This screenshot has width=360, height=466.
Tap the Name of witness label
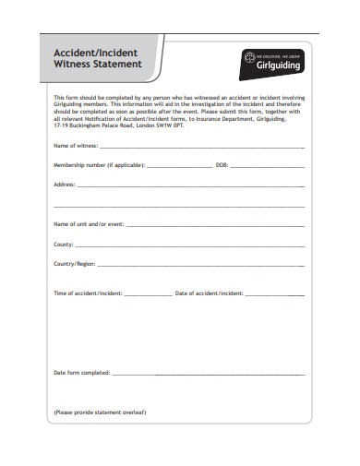tap(75, 146)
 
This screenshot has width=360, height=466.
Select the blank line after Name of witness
tap(201, 148)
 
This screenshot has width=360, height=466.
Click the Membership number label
tap(98, 165)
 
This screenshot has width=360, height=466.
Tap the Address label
tap(65, 185)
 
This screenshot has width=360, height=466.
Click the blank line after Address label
tap(190, 186)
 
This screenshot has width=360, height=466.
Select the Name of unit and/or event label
tap(88, 224)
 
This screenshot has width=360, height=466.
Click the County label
tap(64, 244)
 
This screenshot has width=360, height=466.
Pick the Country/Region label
tap(75, 263)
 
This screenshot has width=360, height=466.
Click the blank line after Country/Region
tap(201, 265)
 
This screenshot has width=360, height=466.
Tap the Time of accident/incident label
tap(88, 293)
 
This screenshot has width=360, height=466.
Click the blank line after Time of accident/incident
tap(147, 294)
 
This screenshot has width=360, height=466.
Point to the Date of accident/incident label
tap(210, 293)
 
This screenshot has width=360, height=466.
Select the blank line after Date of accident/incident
tap(275, 294)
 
